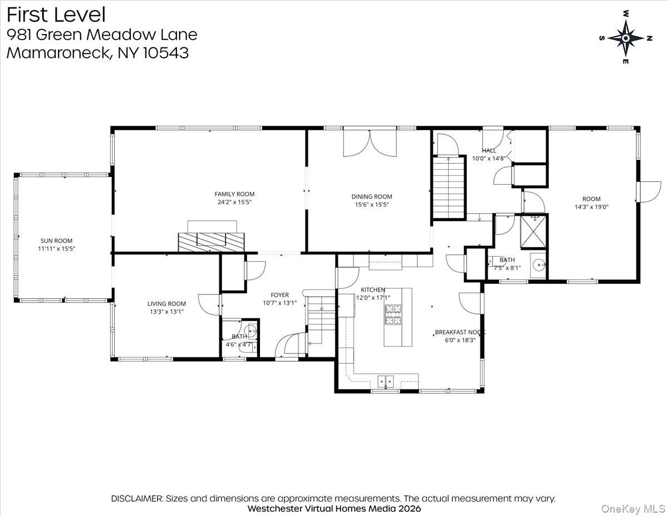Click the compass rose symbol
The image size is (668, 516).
[x=626, y=38]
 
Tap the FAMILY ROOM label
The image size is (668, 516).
[x=234, y=194]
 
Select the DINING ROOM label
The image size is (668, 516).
[x=371, y=196]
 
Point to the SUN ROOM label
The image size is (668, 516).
[x=56, y=241]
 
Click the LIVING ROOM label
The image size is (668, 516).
[x=166, y=304]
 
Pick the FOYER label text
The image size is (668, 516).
[x=279, y=295]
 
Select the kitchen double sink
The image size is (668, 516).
[x=386, y=382]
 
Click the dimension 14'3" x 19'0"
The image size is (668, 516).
[x=591, y=207]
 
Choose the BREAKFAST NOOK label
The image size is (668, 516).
[x=460, y=332]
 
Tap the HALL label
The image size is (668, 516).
[x=489, y=150]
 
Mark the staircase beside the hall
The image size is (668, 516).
[x=449, y=187]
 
